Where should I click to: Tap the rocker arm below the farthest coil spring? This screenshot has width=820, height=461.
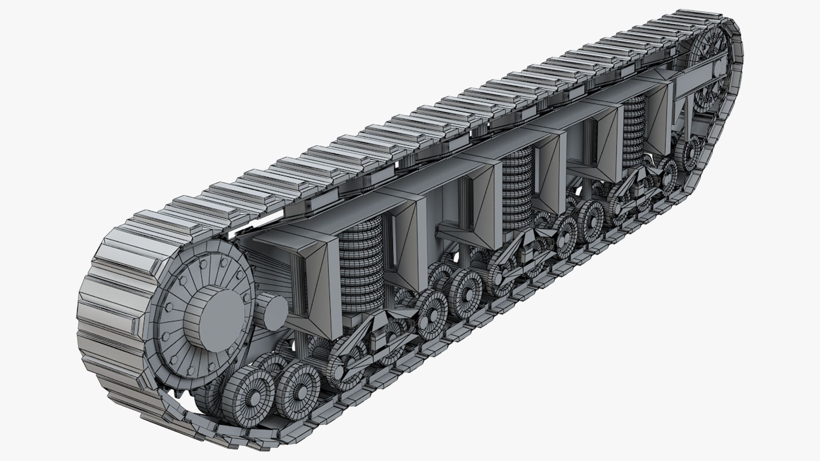[x=636, y=188]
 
